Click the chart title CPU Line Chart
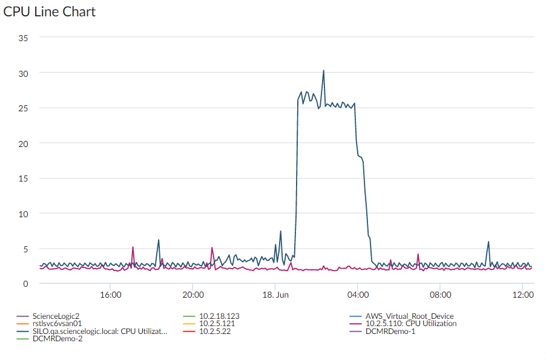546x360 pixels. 50,11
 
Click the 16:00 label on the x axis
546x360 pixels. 110,295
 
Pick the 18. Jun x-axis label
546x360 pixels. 275,295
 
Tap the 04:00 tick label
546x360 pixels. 357,295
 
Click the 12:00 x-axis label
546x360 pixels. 522,295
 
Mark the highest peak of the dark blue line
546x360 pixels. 323,71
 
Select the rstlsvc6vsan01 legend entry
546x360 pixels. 57,324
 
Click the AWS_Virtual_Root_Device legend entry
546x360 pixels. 409,316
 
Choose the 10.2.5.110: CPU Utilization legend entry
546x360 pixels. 411,324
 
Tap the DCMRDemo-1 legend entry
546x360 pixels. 390,331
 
